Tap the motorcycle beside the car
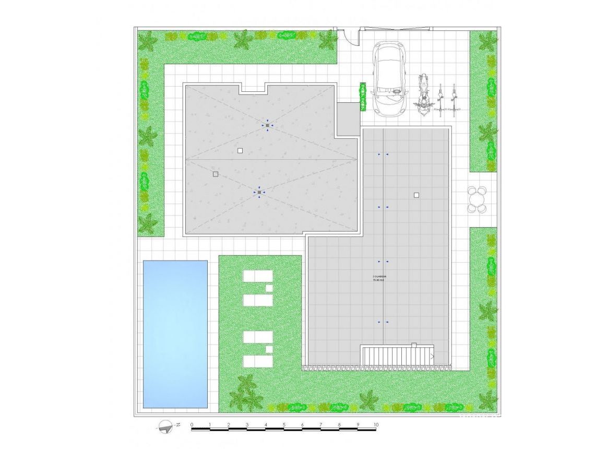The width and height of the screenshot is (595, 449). (423, 93)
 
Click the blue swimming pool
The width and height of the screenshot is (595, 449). (175, 334)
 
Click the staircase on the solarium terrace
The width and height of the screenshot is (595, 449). (397, 355)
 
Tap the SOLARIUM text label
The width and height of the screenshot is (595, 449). (379, 276)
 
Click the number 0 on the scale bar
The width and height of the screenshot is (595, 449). (192, 424)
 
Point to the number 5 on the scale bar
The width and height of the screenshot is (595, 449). (284, 424)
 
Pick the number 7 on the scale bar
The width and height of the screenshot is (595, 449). (320, 424)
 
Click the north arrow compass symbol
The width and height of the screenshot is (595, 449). (166, 427)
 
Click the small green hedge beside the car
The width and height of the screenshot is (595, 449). (361, 97)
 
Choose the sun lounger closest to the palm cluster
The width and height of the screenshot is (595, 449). (258, 361)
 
